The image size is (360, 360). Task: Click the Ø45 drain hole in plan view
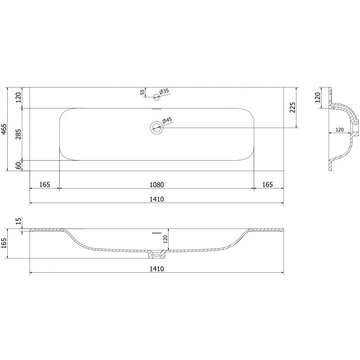tap(157, 127)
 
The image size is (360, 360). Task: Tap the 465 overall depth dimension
tap(4, 130)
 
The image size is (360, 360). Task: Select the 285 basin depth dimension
tap(18, 134)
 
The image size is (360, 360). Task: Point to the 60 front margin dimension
tap(18, 166)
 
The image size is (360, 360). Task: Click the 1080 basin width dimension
tap(157, 184)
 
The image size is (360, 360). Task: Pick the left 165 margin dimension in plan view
tap(45, 184)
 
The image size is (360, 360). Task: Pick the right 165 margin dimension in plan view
tap(267, 184)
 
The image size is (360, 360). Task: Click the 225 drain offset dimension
tap(292, 108)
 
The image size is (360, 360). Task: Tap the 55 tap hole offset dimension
tap(142, 92)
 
